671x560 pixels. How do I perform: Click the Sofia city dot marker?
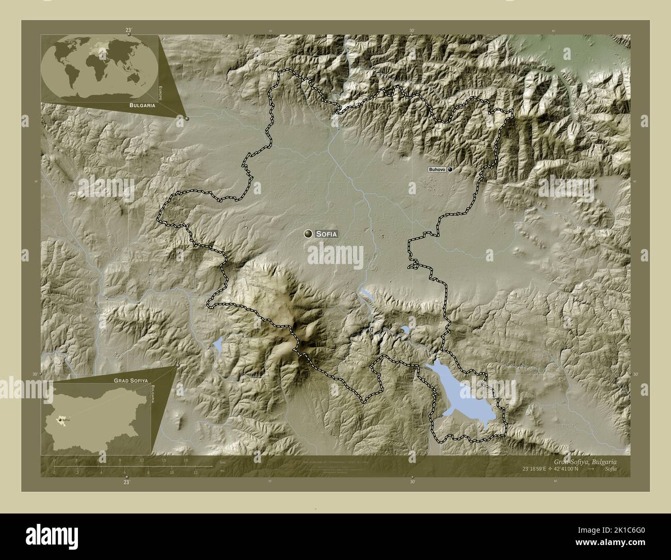pyautogui.click(x=309, y=234)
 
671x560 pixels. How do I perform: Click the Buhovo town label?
pyautogui.click(x=437, y=169)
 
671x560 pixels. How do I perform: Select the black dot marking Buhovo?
pyautogui.click(x=450, y=169)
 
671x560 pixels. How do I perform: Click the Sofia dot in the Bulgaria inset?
pyautogui.click(x=61, y=420)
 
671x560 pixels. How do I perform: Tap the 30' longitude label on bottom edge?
pyautogui.click(x=411, y=481)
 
